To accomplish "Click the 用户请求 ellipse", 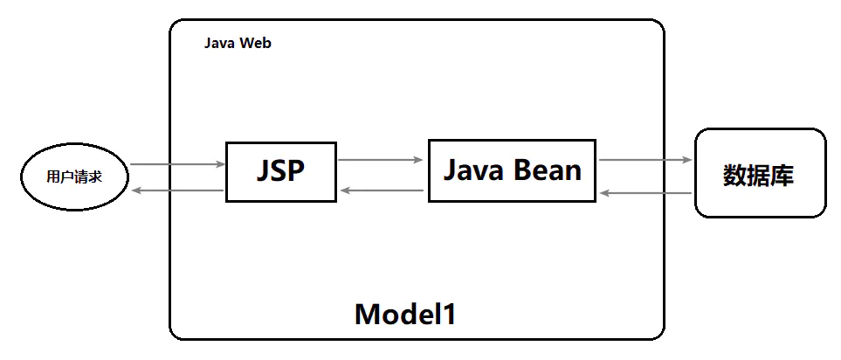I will pyautogui.click(x=74, y=177).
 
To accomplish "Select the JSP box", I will pyautogui.click(x=280, y=172).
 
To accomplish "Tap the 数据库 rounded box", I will pyautogui.click(x=759, y=173).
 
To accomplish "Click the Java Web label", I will pyautogui.click(x=238, y=43).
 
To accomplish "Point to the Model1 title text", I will pyautogui.click(x=405, y=314).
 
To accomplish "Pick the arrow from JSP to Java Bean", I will pyautogui.click(x=381, y=160).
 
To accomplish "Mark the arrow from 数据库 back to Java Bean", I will pyautogui.click(x=645, y=193).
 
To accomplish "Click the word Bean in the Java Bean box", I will pyautogui.click(x=547, y=170).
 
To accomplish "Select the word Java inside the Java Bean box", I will pyautogui.click(x=474, y=170).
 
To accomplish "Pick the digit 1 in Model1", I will pyautogui.click(x=449, y=314).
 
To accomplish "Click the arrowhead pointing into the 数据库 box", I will pyautogui.click(x=688, y=160).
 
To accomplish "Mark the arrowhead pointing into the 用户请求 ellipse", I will pyautogui.click(x=134, y=190).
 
